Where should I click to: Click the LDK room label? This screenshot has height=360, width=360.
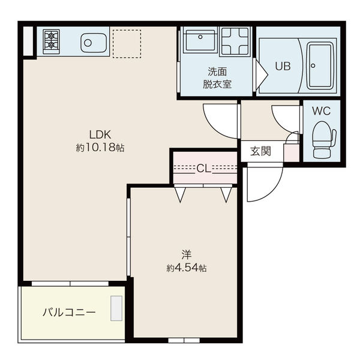click(x=101, y=134)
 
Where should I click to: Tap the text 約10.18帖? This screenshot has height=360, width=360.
click(x=100, y=148)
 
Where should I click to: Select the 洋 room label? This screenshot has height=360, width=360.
click(x=187, y=255)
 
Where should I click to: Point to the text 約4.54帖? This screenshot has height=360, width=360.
click(x=187, y=268)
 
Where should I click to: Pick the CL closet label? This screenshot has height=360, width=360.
click(x=204, y=168)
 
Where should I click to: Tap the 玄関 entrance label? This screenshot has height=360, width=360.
click(x=260, y=151)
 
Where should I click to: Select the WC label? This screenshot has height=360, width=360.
click(x=322, y=112)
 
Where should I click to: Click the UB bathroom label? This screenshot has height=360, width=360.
click(x=283, y=66)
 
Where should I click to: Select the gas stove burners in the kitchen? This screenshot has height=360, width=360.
click(x=52, y=40)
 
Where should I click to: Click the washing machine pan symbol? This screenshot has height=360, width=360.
click(x=235, y=41)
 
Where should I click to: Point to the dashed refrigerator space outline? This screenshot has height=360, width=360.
click(x=127, y=44)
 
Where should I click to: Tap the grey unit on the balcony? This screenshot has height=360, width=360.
click(x=116, y=309)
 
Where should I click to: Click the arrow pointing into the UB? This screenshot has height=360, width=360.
click(x=261, y=73)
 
